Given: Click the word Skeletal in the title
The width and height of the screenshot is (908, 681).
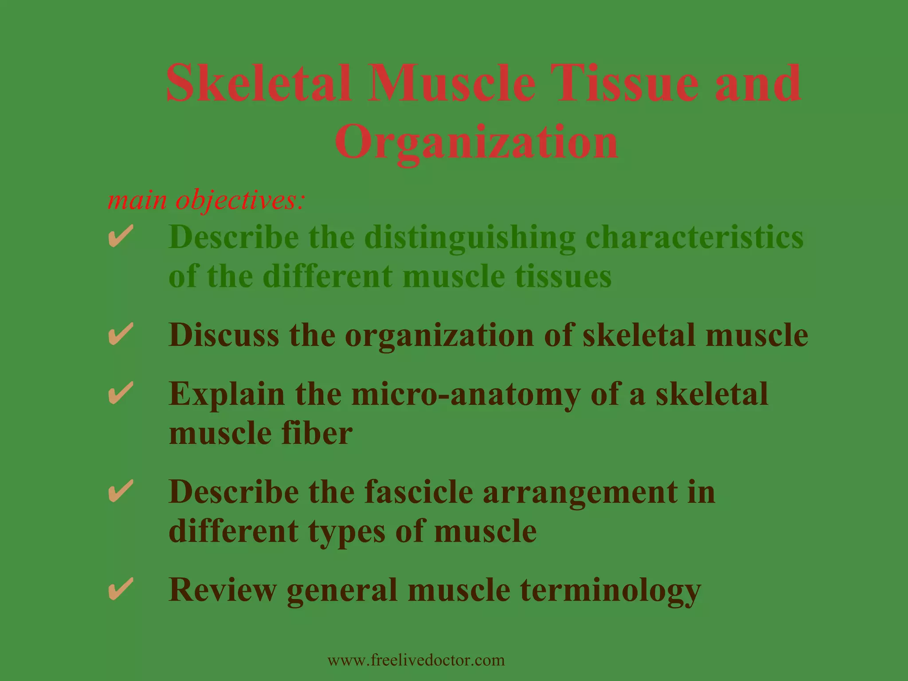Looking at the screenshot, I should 259,83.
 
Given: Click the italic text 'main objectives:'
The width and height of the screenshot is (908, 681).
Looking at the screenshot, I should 206,200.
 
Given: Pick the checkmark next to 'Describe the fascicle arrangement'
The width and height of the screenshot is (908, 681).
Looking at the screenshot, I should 121,491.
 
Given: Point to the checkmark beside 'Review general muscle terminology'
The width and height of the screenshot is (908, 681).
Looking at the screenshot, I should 121,589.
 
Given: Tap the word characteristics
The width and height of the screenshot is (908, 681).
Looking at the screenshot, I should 694,237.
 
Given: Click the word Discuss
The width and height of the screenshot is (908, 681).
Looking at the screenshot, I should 224,335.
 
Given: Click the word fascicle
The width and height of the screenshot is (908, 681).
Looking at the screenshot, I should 419,492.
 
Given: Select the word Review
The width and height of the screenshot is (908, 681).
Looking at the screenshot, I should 222,590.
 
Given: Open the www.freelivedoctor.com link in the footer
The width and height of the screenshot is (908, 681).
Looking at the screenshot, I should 416,660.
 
